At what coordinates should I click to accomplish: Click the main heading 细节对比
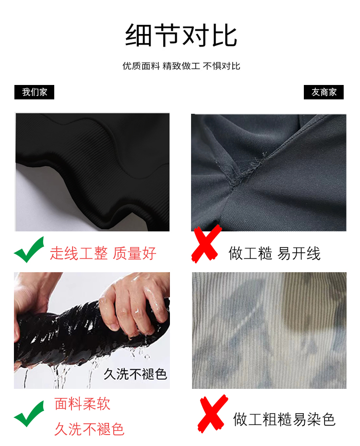[x=181, y=35]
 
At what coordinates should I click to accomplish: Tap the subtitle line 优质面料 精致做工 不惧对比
[x=181, y=66]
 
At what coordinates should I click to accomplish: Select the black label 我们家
[x=34, y=92]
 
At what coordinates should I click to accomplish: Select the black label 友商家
[x=324, y=92]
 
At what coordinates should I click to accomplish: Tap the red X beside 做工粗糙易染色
[x=213, y=413]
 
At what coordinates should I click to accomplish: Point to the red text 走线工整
[x=79, y=253]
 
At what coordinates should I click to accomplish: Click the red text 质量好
[x=134, y=253]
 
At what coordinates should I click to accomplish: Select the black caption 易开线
[x=299, y=253]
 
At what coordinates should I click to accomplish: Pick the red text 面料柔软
[x=82, y=404]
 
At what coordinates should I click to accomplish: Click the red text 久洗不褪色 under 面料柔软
[x=89, y=429]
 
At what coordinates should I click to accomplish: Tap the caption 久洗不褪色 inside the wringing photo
[x=135, y=374]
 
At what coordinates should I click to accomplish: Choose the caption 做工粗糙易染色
[x=284, y=419]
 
